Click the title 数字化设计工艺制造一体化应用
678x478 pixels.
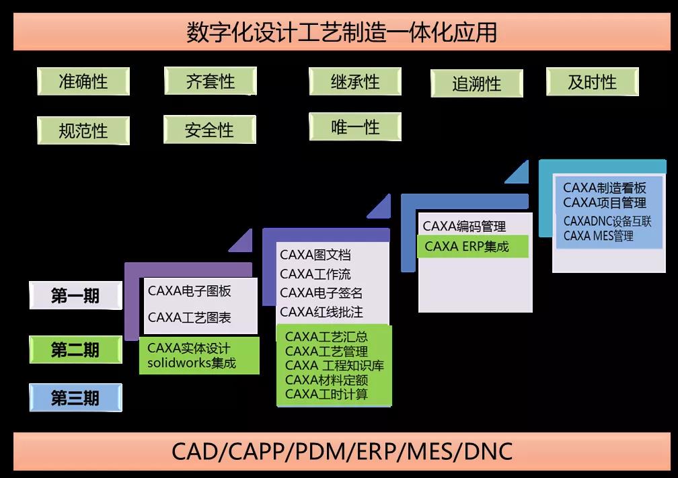coord(342,32)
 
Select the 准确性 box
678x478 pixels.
coord(83,81)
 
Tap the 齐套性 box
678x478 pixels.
coord(211,81)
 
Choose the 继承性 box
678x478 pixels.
coord(355,81)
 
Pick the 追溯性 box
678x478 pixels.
coord(476,84)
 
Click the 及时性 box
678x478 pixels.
coord(592,82)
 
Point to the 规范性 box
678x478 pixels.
coord(83,130)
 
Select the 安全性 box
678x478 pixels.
coord(209,130)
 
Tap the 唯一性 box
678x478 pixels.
coord(355,126)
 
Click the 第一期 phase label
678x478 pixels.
coord(75,296)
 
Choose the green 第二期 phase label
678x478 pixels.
coord(75,350)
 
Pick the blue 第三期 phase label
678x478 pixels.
coord(75,398)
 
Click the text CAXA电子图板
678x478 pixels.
coord(189,291)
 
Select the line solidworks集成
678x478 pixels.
coord(192,363)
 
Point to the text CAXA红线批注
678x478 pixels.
coord(321,312)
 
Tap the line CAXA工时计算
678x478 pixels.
coord(326,395)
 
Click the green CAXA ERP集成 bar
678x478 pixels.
coord(473,246)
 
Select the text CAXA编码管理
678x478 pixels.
coord(464,227)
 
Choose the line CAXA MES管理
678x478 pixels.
coord(598,235)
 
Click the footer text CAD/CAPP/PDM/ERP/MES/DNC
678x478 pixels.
coord(342,451)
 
